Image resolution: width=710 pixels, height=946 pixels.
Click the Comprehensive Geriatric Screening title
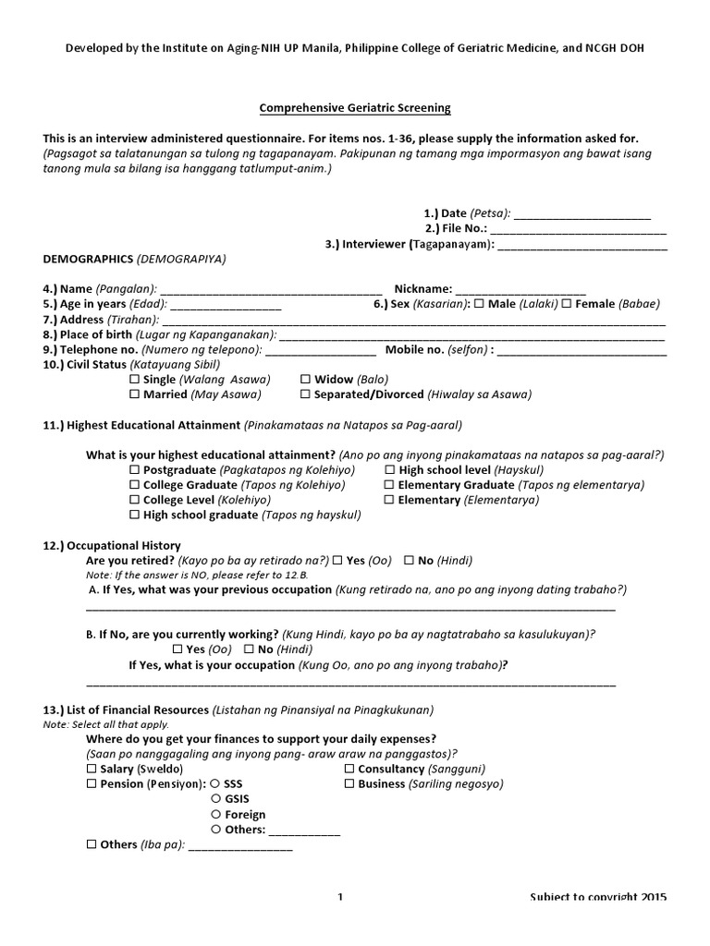pyautogui.click(x=355, y=108)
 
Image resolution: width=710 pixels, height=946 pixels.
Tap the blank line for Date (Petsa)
pyautogui.click(x=581, y=213)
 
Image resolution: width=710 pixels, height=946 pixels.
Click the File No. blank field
pyautogui.click(x=578, y=229)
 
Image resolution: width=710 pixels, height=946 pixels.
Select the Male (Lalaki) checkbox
pyautogui.click(x=479, y=304)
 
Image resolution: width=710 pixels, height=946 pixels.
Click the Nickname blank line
pyautogui.click(x=520, y=289)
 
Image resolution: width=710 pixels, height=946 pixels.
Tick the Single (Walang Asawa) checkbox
pyautogui.click(x=135, y=380)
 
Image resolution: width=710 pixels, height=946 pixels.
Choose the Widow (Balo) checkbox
pyautogui.click(x=306, y=380)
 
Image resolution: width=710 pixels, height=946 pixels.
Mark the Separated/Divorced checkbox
pyautogui.click(x=306, y=394)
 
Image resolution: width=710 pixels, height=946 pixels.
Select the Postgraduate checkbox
pyautogui.click(x=135, y=470)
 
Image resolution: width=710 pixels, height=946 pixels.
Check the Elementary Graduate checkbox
pyautogui.click(x=390, y=485)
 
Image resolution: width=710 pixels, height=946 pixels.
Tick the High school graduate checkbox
pyautogui.click(x=135, y=515)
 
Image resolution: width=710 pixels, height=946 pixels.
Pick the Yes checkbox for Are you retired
pyautogui.click(x=338, y=561)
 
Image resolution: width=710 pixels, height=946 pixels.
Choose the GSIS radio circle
pyautogui.click(x=215, y=799)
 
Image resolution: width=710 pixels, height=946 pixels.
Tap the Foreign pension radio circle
pyautogui.click(x=215, y=815)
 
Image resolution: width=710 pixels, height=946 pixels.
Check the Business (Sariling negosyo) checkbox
pyautogui.click(x=349, y=784)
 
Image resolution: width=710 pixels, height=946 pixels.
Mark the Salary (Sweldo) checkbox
pyautogui.click(x=92, y=770)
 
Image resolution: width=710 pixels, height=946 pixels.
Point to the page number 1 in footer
pyautogui.click(x=340, y=897)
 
